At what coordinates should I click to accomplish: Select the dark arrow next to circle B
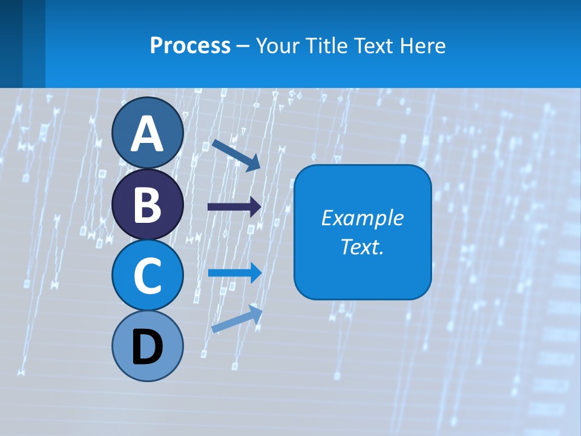pos(234,207)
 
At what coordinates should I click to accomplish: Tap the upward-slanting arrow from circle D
pos(237,319)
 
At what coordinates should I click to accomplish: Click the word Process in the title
pos(190,46)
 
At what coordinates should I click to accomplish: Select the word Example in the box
pos(363,218)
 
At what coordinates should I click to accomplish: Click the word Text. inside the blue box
pos(363,247)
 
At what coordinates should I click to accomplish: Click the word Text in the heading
pos(373,46)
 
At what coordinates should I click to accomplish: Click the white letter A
pos(147,134)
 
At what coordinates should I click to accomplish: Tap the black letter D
pos(147,348)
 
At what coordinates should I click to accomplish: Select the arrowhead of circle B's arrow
pos(255,207)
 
